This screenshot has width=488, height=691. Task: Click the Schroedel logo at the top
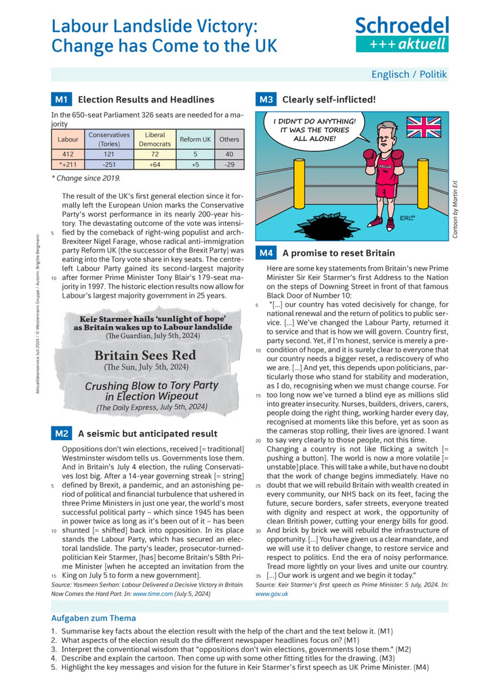click(402, 35)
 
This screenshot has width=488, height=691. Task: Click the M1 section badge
click(61, 100)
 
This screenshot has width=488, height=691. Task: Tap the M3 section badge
click(266, 100)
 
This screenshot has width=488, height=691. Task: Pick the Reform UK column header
click(195, 140)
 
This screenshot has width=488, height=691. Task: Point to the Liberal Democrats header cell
click(155, 140)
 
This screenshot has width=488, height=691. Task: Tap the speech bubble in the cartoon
click(314, 130)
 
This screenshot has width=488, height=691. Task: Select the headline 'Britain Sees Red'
click(145, 355)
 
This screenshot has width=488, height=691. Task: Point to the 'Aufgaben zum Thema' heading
click(94, 618)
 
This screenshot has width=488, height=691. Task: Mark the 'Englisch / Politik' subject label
click(409, 75)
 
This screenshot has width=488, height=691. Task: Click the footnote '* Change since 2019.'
click(86, 178)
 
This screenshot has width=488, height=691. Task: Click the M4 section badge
click(266, 253)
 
